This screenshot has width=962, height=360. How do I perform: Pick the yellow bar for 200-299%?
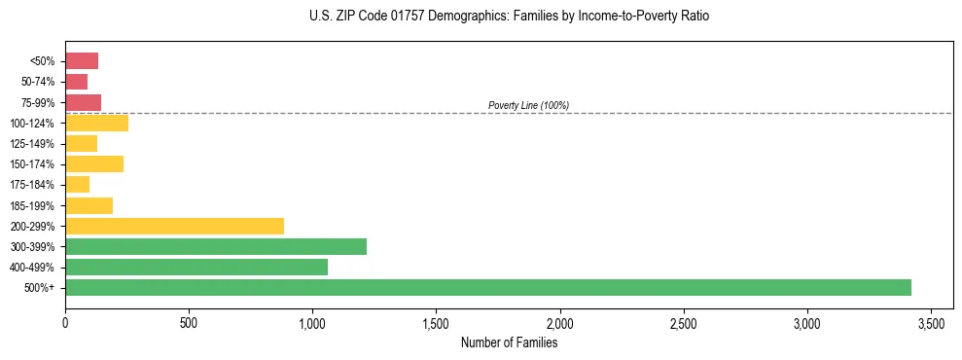click(x=174, y=226)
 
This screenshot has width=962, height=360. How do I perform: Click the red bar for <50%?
click(x=82, y=61)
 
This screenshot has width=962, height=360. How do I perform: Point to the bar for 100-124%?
click(x=96, y=123)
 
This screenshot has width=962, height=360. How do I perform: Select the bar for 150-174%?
click(x=94, y=163)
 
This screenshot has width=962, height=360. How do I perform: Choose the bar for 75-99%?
click(x=83, y=102)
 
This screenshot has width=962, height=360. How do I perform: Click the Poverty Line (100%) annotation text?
click(x=528, y=105)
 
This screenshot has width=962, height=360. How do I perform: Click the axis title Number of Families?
click(x=509, y=342)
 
